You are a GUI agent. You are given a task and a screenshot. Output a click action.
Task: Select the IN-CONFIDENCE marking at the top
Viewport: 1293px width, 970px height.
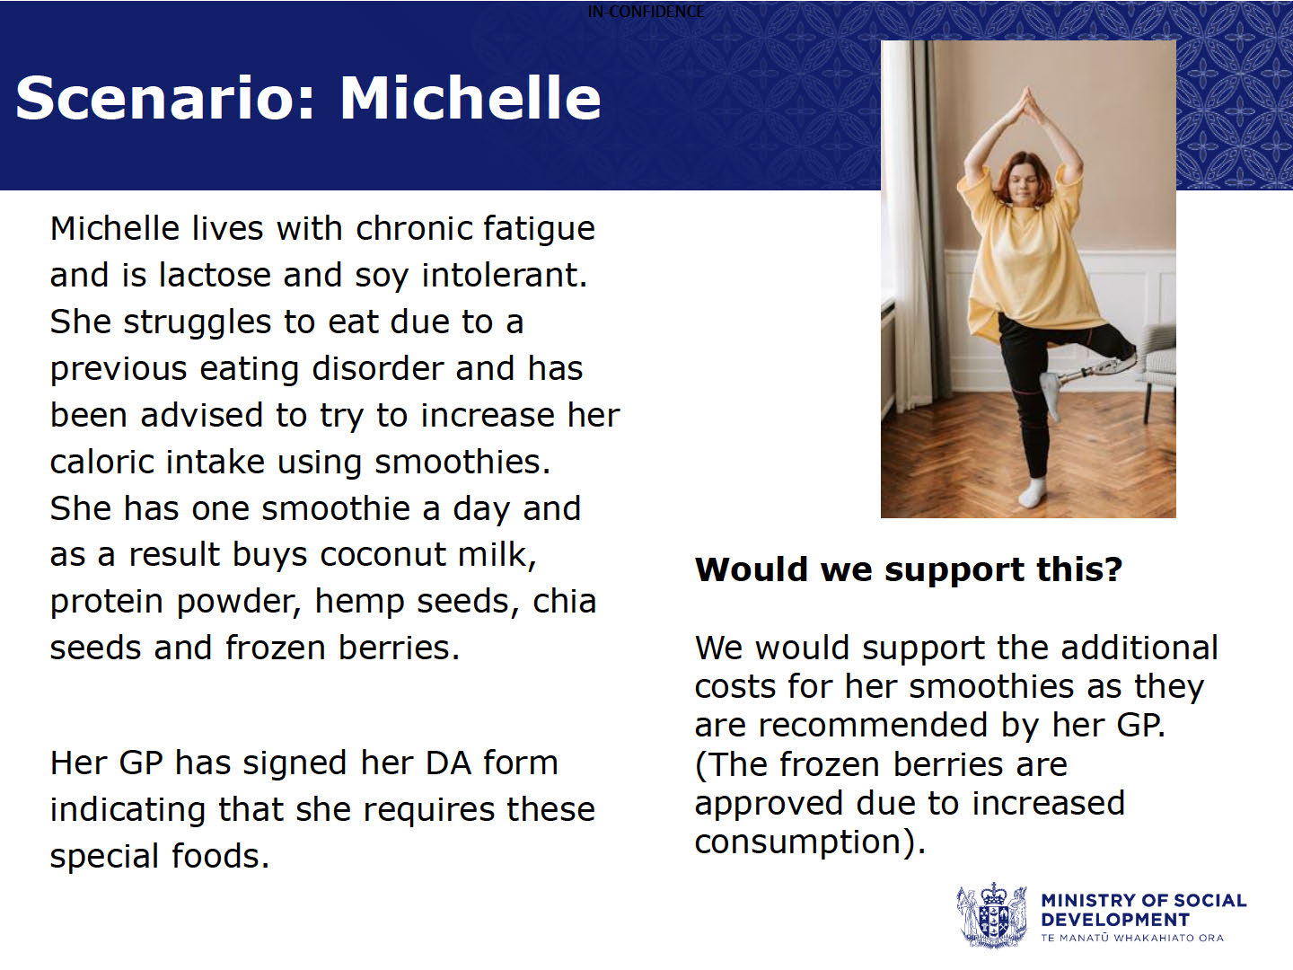pos(646,11)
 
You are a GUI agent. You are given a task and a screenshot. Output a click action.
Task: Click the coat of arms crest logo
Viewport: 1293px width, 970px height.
pos(991,914)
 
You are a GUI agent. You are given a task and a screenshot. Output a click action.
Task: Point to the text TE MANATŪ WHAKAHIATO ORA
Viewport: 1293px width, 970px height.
pos(1132,938)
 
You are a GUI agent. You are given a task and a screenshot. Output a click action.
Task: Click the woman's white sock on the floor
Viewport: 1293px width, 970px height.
pos(1032,493)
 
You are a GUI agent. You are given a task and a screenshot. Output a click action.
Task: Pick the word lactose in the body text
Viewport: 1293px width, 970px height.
pos(215,275)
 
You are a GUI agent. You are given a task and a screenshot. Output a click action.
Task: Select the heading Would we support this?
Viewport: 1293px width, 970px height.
pos(909,569)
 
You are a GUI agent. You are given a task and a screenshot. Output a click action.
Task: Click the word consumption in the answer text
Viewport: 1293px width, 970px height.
pos(798,842)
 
